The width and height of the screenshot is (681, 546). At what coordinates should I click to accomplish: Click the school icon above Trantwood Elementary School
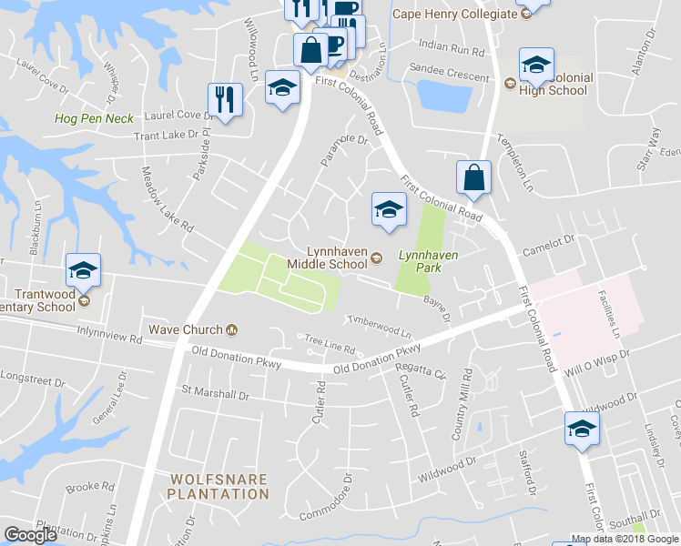[x=83, y=270]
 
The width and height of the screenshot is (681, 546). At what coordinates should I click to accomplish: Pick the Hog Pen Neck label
[x=94, y=118]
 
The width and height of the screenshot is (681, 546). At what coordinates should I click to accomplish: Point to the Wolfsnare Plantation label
[x=219, y=486]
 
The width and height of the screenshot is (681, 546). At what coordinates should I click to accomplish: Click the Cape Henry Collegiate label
[x=452, y=14]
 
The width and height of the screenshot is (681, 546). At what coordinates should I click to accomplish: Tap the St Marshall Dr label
[x=216, y=394]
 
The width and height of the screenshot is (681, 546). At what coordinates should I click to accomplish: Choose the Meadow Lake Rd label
[x=168, y=199]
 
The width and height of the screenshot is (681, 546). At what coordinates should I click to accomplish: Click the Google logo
[x=30, y=535]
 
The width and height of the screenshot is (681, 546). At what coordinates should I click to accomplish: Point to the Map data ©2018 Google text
[x=624, y=539]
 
